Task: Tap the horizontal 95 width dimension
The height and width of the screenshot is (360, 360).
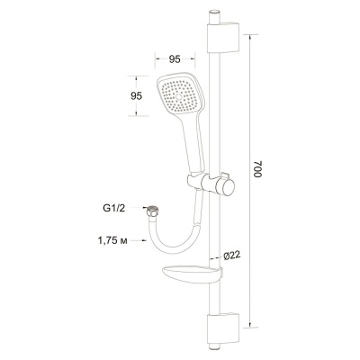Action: tap(176, 60)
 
